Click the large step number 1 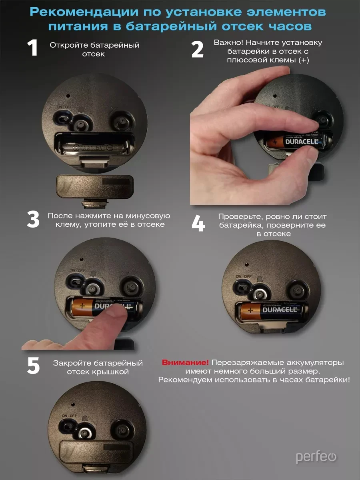32,48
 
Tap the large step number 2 197,50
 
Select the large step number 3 33,219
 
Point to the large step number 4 198,223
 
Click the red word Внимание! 185,362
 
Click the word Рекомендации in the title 84,12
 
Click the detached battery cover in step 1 95,187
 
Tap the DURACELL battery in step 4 272,311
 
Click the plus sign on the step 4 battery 250,310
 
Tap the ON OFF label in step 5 70,416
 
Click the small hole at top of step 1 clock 68,96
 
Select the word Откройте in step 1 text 69,45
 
